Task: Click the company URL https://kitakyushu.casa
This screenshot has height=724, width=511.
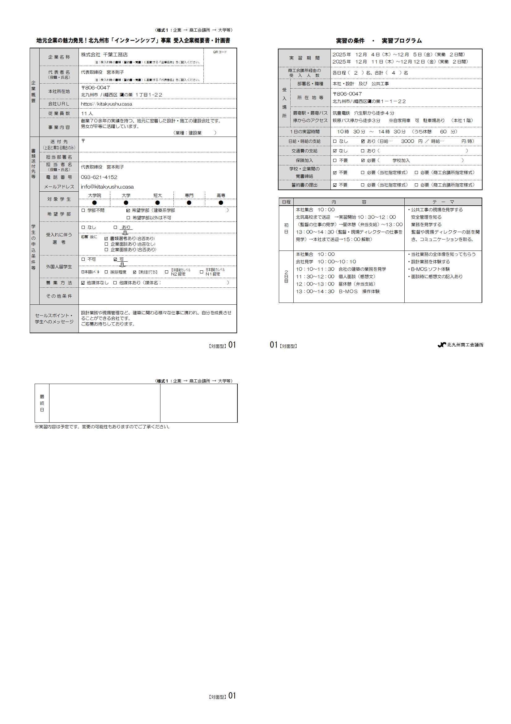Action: click(106, 104)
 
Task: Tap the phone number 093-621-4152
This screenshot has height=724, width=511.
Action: click(99, 177)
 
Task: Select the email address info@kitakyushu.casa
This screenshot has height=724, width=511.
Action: click(107, 187)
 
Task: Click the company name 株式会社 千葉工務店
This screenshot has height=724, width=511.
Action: click(104, 55)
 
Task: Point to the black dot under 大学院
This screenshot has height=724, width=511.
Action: click(95, 203)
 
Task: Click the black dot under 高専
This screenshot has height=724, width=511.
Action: click(221, 203)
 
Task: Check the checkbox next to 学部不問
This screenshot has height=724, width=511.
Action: click(83, 210)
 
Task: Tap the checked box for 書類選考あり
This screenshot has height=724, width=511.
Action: click(106, 239)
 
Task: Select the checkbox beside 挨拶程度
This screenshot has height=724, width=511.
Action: click(106, 272)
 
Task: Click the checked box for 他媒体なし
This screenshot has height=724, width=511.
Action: click(83, 283)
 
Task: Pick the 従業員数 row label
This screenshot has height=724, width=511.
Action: click(59, 114)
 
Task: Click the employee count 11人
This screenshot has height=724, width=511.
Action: click(87, 114)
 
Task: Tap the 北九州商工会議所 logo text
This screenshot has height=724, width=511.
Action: click(465, 345)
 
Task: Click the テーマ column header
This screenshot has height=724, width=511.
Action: click(443, 202)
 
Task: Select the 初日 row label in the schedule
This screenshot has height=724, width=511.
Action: click(286, 228)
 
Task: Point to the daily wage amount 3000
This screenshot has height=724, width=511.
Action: click(407, 141)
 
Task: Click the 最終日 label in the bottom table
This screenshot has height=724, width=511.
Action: click(42, 403)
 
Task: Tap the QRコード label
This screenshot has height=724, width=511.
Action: click(220, 52)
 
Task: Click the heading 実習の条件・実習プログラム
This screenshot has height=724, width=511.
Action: click(379, 41)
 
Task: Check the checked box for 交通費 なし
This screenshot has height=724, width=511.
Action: click(335, 151)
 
